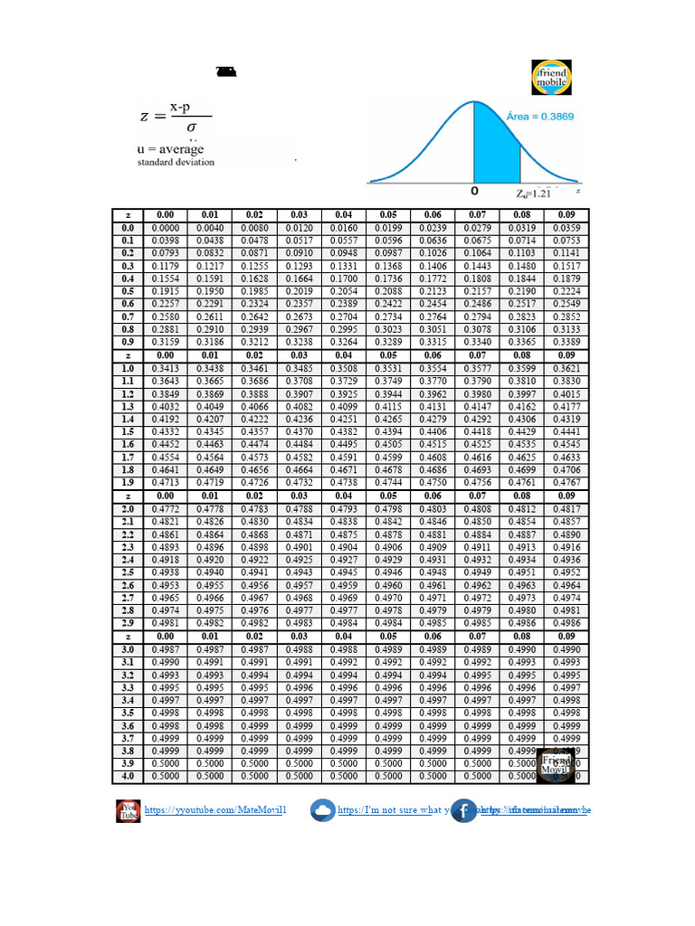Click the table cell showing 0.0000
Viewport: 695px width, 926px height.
(166, 228)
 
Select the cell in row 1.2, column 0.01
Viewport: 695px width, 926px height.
(210, 394)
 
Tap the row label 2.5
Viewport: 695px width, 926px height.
(128, 572)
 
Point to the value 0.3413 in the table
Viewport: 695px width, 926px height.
(166, 369)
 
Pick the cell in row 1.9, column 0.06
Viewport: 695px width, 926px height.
(433, 484)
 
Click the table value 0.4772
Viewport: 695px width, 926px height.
(166, 509)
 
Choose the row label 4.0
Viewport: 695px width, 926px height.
(128, 776)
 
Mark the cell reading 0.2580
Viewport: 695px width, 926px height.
(166, 317)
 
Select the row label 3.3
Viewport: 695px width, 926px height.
(128, 687)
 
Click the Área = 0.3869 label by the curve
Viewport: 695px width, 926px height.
(539, 117)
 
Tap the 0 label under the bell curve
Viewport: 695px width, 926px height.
(474, 193)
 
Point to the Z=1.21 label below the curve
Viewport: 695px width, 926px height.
(534, 194)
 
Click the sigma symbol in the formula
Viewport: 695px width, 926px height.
(191, 128)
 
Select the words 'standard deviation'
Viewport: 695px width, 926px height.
(176, 163)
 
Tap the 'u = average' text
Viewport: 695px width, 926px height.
(171, 149)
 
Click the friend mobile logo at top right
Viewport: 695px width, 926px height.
(551, 78)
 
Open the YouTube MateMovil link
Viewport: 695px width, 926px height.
(215, 810)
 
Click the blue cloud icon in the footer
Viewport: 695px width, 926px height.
(321, 810)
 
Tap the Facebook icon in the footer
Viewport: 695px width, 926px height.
(463, 810)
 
